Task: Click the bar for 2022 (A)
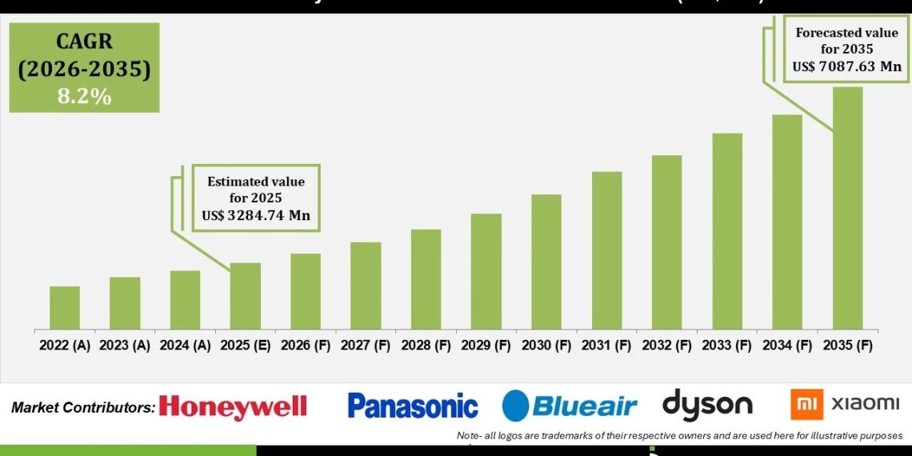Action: pyautogui.click(x=65, y=308)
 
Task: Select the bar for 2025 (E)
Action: pyautogui.click(x=246, y=296)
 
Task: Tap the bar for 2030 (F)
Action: pyautogui.click(x=546, y=262)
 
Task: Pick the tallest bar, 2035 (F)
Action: pyautogui.click(x=848, y=208)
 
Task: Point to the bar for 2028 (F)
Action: pyautogui.click(x=426, y=279)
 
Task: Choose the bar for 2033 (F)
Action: pyautogui.click(x=727, y=231)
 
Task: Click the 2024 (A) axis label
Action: pyautogui.click(x=185, y=346)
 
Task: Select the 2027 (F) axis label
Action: pyautogui.click(x=366, y=346)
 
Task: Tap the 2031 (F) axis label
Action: pyautogui.click(x=606, y=346)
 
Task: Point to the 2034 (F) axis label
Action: pyautogui.click(x=787, y=346)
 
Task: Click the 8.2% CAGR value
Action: pyautogui.click(x=84, y=97)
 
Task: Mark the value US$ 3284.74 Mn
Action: pyautogui.click(x=256, y=215)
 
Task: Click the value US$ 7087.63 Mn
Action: pyautogui.click(x=848, y=66)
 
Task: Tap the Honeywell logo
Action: pyautogui.click(x=233, y=406)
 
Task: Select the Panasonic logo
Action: pyautogui.click(x=413, y=406)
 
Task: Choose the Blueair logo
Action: pyautogui.click(x=570, y=406)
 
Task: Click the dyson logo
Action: pyautogui.click(x=707, y=405)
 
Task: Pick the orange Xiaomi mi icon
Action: pyautogui.click(x=806, y=404)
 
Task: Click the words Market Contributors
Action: pyautogui.click(x=83, y=407)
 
